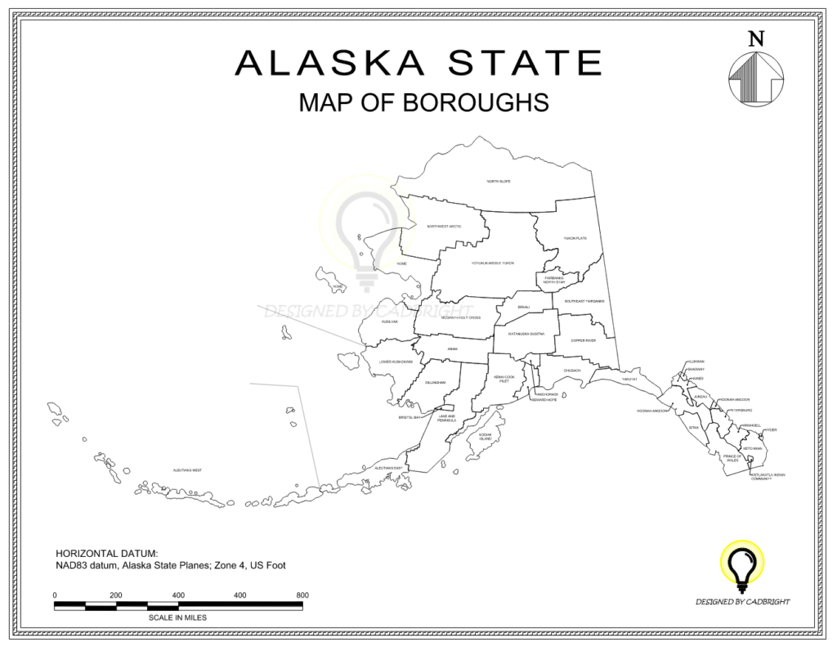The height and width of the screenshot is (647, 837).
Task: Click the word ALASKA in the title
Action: click(330, 63)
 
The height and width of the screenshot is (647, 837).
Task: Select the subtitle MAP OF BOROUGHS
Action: click(423, 103)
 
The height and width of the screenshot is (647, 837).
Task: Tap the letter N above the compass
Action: click(756, 38)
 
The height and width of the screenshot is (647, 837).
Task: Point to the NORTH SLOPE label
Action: click(499, 181)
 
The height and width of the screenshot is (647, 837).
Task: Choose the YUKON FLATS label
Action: click(575, 238)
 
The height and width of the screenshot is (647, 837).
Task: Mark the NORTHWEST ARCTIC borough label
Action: click(444, 226)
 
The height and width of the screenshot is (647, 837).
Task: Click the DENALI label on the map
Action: click(523, 307)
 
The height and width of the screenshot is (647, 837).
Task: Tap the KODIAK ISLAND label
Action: click(486, 437)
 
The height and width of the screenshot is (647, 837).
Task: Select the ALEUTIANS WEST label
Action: click(187, 470)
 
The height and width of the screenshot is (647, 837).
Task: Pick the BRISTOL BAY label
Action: click(410, 417)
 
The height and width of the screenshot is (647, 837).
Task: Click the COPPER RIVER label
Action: click(584, 340)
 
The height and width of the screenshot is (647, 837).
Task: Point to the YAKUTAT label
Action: click(629, 380)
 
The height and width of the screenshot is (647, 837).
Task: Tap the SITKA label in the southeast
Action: click(694, 427)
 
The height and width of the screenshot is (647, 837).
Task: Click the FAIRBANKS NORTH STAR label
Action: click(554, 280)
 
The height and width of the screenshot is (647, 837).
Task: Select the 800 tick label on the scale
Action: click(302, 595)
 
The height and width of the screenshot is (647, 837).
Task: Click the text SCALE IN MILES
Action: click(178, 618)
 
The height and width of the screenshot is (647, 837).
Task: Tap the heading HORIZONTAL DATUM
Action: click(106, 553)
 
